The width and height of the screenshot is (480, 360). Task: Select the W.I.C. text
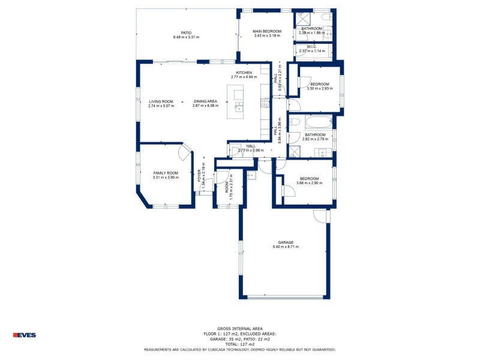(x=312, y=46)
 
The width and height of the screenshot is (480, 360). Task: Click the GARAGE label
(x=286, y=242)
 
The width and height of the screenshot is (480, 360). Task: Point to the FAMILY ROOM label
(x=166, y=173)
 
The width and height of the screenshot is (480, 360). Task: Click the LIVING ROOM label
(x=161, y=101)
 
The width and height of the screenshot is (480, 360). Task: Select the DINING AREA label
(x=205, y=101)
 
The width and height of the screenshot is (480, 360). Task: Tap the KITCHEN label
(x=244, y=73)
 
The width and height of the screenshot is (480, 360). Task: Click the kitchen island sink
(x=239, y=107)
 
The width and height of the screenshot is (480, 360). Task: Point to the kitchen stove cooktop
(x=265, y=103)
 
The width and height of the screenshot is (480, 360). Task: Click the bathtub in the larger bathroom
(x=317, y=122)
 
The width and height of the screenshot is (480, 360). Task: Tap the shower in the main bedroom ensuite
(x=302, y=17)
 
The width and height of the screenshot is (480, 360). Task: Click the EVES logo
(x=25, y=335)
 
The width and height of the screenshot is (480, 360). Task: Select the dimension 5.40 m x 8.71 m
(x=286, y=247)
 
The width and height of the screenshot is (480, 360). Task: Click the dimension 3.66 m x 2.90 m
(x=310, y=183)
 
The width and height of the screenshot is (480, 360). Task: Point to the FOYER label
(x=199, y=176)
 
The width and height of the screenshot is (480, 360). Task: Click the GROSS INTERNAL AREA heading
(x=240, y=329)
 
